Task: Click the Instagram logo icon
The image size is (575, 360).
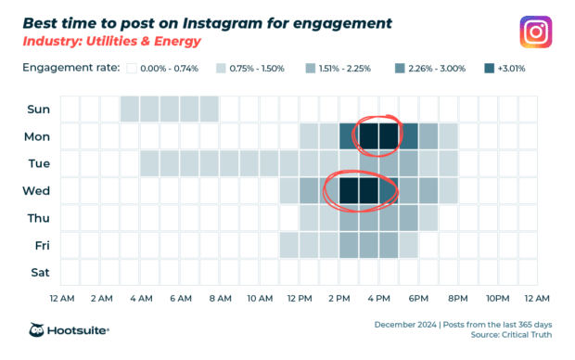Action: pyautogui.click(x=534, y=32)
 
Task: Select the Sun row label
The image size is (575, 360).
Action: pyautogui.click(x=38, y=109)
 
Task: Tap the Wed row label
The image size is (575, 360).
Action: pyautogui.click(x=38, y=191)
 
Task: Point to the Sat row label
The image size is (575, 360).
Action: pyautogui.click(x=39, y=273)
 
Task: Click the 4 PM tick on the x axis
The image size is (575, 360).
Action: pyautogui.click(x=378, y=299)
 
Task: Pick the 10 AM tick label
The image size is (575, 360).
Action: pyautogui.click(x=260, y=299)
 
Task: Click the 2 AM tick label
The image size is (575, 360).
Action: pyautogui.click(x=101, y=299)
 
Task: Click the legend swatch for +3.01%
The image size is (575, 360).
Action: pyautogui.click(x=490, y=68)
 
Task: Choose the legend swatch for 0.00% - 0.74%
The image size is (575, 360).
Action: pyautogui.click(x=133, y=68)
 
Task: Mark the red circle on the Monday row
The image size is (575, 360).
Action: pyautogui.click(x=378, y=135)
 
